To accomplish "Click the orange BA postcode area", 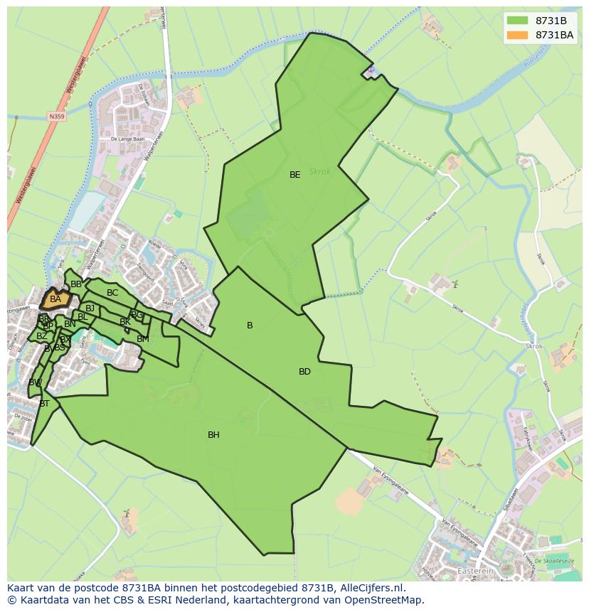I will [56, 299].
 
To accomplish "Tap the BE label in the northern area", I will [294, 175].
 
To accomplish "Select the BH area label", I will [213, 435].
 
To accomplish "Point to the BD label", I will [304, 372].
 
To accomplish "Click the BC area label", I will [112, 293].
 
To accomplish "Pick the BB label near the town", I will [76, 284].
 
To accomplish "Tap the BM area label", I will [143, 339].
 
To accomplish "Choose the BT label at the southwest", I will [44, 404].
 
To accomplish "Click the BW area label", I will [35, 382].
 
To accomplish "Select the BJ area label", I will [90, 308].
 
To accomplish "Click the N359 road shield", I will [57, 116].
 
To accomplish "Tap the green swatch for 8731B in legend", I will [516, 20].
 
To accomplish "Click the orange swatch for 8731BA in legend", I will [516, 35].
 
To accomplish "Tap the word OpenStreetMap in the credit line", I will [383, 600].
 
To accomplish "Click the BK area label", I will [125, 322].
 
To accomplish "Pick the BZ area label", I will [42, 336].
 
